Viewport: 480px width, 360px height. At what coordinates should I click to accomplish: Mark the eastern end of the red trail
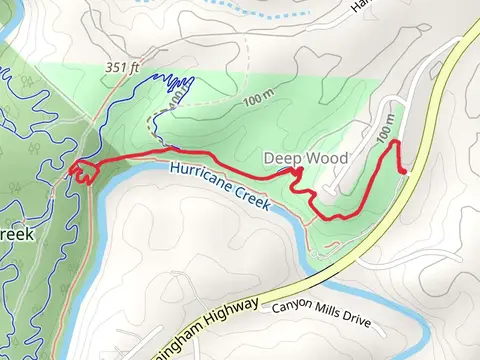coord(404,173)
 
